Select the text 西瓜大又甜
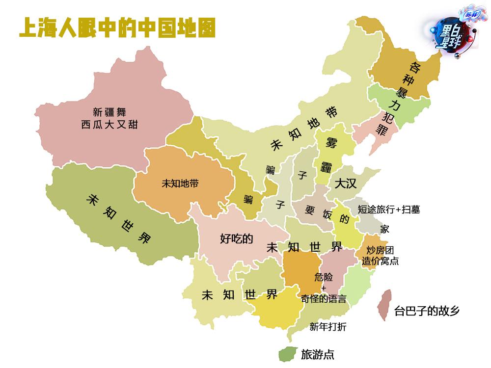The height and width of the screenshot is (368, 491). (x=109, y=125)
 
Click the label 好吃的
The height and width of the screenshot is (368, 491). (x=236, y=239)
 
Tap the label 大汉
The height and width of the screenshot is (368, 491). (x=346, y=184)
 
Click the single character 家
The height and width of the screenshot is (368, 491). (x=384, y=229)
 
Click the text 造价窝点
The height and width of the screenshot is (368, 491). (x=380, y=261)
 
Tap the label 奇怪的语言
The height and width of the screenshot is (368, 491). (x=323, y=299)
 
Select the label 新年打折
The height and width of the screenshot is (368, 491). (x=328, y=327)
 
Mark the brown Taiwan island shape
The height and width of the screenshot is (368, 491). (x=384, y=304)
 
